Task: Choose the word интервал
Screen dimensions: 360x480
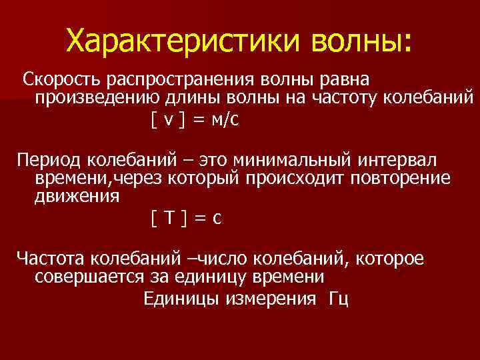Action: coord(398,161)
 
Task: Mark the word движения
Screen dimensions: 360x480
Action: coord(77,197)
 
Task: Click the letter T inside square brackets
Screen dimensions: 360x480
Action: coord(169,217)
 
